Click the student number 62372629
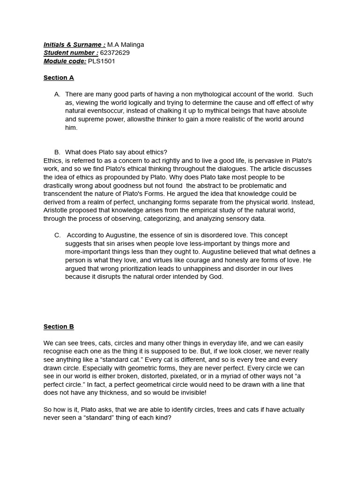pyautogui.click(x=115, y=53)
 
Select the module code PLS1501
pyautogui.click(x=101, y=61)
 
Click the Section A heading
pyautogui.click(x=59, y=78)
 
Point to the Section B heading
pyautogui.click(x=59, y=327)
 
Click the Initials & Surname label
pyautogui.click(x=74, y=45)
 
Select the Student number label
pyautogui.click(x=71, y=53)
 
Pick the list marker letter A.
pyautogui.click(x=57, y=94)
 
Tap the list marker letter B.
pyautogui.click(x=57, y=152)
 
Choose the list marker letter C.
pyautogui.click(x=57, y=235)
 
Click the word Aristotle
pyautogui.click(x=58, y=210)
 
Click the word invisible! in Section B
pyautogui.click(x=191, y=393)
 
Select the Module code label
pyautogui.click(x=65, y=61)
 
